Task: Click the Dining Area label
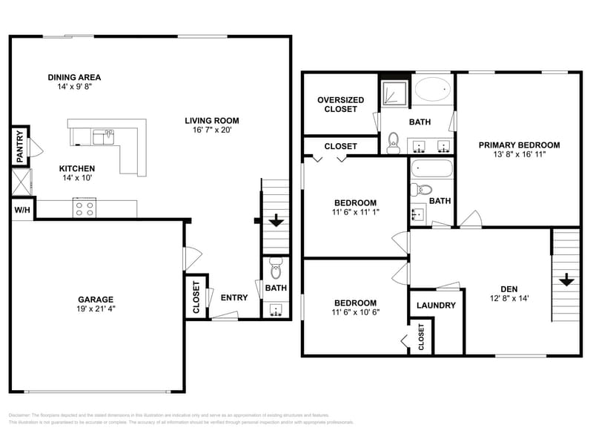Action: pyautogui.click(x=74, y=77)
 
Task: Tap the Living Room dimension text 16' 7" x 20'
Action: pyautogui.click(x=211, y=131)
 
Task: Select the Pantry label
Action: pyautogui.click(x=20, y=147)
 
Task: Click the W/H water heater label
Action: pyautogui.click(x=22, y=211)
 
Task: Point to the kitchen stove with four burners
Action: pyautogui.click(x=84, y=208)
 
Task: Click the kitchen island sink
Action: pyautogui.click(x=104, y=136)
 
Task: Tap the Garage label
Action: pyautogui.click(x=96, y=300)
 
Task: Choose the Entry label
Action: pyautogui.click(x=234, y=298)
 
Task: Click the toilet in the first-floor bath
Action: pyautogui.click(x=276, y=267)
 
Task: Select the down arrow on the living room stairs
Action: pyautogui.click(x=276, y=220)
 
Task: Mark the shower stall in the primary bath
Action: pyautogui.click(x=394, y=94)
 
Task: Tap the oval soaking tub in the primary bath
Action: pyautogui.click(x=432, y=90)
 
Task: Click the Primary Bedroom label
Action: pyautogui.click(x=519, y=145)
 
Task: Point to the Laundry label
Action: pyautogui.click(x=436, y=305)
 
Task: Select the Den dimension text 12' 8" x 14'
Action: pyautogui.click(x=509, y=299)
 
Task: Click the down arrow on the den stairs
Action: pyautogui.click(x=566, y=280)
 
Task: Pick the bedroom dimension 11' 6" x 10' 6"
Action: pyautogui.click(x=355, y=312)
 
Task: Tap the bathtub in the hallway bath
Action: pyautogui.click(x=431, y=169)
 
